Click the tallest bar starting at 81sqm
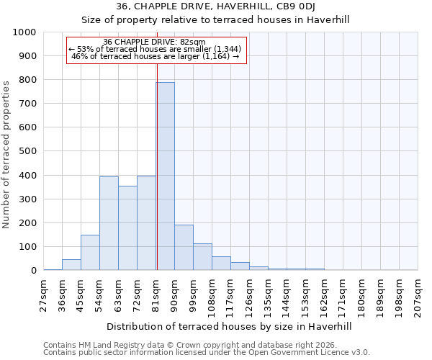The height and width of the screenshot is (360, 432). pyautogui.click(x=165, y=176)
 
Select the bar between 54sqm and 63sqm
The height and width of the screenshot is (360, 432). pyautogui.click(x=109, y=223)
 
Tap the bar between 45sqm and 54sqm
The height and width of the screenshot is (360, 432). pyautogui.click(x=90, y=252)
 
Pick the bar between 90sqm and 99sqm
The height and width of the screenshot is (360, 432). pyautogui.click(x=184, y=247)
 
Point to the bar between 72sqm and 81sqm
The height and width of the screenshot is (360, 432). pyautogui.click(x=146, y=222)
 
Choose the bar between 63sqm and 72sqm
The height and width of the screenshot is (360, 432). pyautogui.click(x=127, y=228)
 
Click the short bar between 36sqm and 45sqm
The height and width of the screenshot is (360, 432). pyautogui.click(x=71, y=264)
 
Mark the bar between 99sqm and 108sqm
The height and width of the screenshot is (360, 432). pyautogui.click(x=202, y=257)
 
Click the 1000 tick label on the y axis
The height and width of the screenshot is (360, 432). pyautogui.click(x=24, y=32)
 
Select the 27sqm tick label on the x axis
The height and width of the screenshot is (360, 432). pyautogui.click(x=44, y=294)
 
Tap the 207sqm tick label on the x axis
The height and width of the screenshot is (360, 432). pyautogui.click(x=418, y=294)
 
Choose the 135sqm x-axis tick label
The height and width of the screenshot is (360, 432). pyautogui.click(x=268, y=294)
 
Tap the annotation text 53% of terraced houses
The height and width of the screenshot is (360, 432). pyautogui.click(x=156, y=49)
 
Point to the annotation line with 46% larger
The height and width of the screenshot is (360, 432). pyautogui.click(x=156, y=56)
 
